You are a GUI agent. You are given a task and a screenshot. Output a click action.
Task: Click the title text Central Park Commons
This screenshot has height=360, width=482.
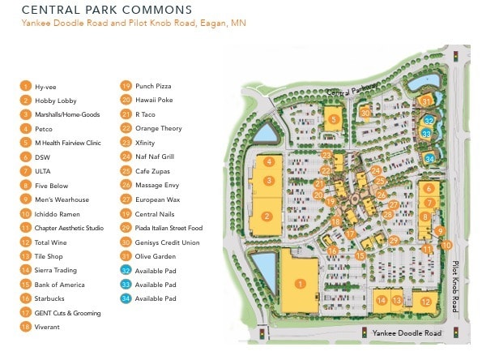click(107, 10)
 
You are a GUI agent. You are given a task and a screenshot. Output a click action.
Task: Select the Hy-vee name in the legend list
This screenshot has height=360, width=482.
click(45, 86)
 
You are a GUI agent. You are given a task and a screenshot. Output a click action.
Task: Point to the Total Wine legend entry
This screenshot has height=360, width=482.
click(52, 242)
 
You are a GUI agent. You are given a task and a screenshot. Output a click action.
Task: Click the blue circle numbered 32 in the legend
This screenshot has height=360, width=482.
click(126, 271)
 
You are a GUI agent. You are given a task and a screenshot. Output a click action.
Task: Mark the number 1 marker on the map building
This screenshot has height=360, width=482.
click(301, 284)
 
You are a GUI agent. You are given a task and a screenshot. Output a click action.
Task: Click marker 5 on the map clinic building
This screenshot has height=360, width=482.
click(334, 119)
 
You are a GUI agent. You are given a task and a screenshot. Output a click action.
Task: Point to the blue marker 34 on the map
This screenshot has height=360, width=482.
click(430, 157)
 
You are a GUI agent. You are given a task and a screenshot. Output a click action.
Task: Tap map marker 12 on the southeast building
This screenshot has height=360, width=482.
click(425, 302)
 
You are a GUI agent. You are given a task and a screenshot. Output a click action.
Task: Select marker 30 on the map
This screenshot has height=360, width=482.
click(365, 113)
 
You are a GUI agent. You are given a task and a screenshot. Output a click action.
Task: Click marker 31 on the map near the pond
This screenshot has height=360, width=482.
click(429, 101)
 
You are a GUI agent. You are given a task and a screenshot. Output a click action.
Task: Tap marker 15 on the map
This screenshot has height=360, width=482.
click(359, 256)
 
